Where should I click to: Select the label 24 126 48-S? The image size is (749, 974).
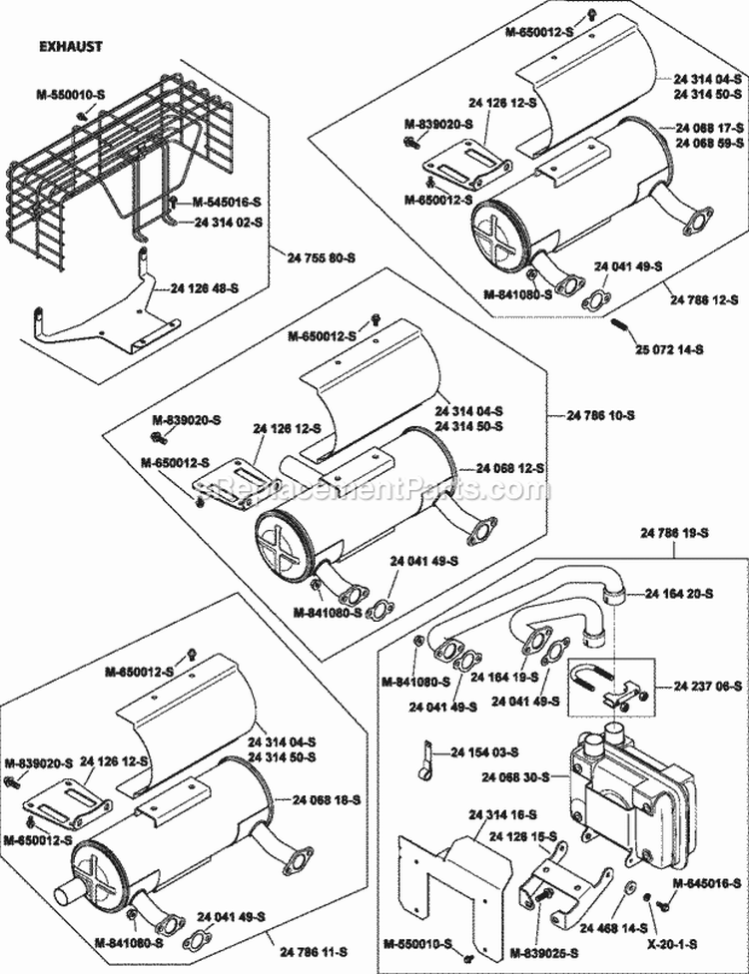pos(205,287)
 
